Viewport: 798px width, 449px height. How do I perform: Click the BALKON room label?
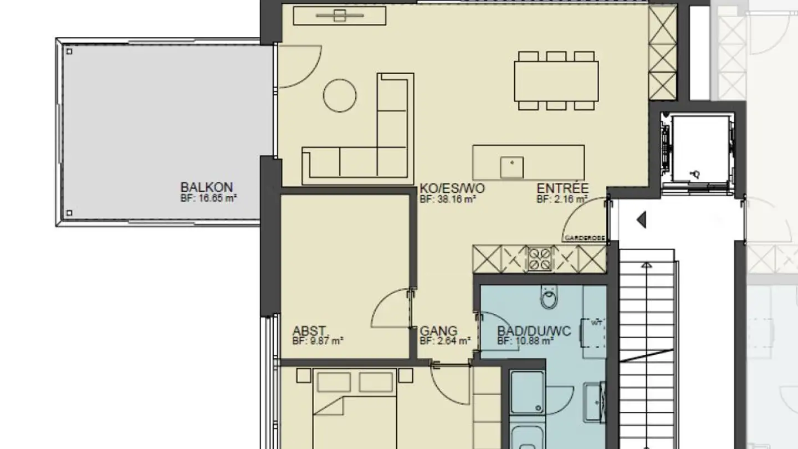click(x=206, y=187)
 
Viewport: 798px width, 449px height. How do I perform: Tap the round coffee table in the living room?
click(x=340, y=95)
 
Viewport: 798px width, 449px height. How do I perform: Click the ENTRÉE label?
click(x=562, y=188)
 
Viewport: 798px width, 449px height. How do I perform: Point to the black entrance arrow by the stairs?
click(x=642, y=220)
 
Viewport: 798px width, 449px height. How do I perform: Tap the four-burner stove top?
click(x=539, y=259)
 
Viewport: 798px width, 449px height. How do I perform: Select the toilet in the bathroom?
click(x=548, y=299)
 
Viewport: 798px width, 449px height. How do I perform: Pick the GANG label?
click(x=438, y=331)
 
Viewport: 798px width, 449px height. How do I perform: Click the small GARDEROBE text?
click(x=584, y=238)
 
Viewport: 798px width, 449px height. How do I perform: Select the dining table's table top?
click(x=556, y=80)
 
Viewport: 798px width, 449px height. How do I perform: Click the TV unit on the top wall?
click(x=339, y=16)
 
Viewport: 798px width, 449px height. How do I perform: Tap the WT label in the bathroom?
click(x=596, y=322)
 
